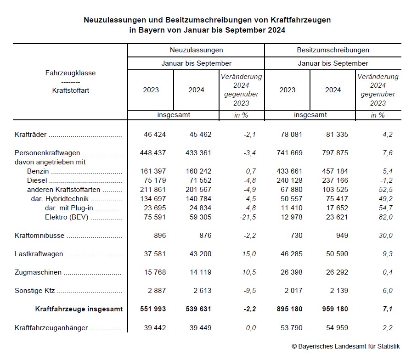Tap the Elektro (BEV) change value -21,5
coord(247,217)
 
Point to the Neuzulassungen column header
coord(196,50)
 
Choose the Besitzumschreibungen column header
coord(333,50)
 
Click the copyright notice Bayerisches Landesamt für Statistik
coord(346,346)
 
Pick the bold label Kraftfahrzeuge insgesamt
coord(79,309)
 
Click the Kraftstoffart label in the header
coord(71,90)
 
